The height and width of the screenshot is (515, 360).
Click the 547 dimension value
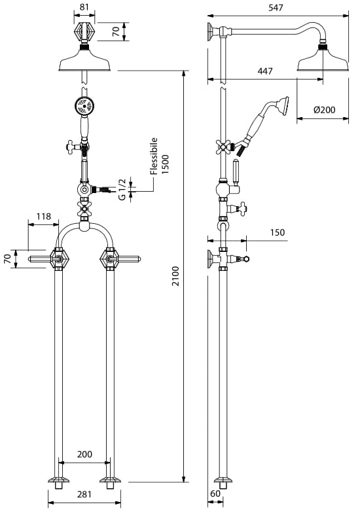[276, 8]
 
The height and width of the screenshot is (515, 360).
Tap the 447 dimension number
[264, 71]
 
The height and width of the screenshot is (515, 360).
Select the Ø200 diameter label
[325, 110]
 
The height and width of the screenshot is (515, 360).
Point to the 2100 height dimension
[176, 276]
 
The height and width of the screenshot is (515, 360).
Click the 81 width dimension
[84, 7]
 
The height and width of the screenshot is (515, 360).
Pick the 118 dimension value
[44, 217]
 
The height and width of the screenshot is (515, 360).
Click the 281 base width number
[84, 494]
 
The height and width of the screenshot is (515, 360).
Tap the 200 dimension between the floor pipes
[84, 454]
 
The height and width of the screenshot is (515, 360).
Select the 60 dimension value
[215, 493]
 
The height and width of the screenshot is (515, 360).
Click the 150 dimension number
[278, 232]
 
